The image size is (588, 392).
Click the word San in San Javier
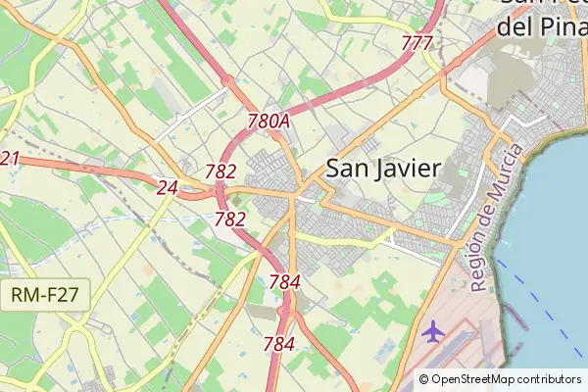tap(346, 168)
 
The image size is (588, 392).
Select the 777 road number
tap(417, 43)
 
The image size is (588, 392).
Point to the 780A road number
tap(269, 122)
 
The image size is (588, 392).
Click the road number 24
tap(168, 187)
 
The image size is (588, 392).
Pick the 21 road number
tap(10, 159)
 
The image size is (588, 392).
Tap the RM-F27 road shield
tap(46, 292)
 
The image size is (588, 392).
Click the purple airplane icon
tap(432, 331)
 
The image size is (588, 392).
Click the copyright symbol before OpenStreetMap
tap(423, 379)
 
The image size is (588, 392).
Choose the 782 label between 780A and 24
tap(220, 171)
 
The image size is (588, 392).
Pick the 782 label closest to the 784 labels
tap(230, 219)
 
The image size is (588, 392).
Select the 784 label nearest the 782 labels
tap(284, 282)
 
